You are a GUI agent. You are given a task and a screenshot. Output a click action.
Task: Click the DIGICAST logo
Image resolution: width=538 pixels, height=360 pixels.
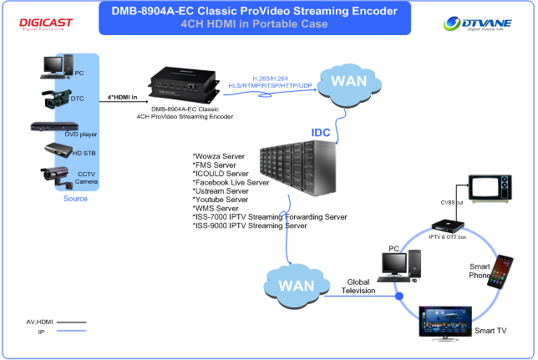(x=46, y=23)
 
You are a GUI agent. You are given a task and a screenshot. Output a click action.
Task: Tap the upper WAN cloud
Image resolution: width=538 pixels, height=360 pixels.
(x=348, y=82)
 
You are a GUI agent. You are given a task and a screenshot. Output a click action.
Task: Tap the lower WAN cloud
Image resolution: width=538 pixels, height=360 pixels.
(x=295, y=285)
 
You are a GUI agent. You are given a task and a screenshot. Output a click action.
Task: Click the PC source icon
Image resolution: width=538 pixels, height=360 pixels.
(x=57, y=68)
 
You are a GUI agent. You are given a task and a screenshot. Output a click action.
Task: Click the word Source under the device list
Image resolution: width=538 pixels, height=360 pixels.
(x=75, y=199)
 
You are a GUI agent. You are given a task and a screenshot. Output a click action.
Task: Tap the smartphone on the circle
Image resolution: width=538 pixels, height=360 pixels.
(x=500, y=271)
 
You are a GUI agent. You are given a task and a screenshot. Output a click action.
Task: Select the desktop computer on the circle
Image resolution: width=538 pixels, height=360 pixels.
(x=394, y=266)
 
